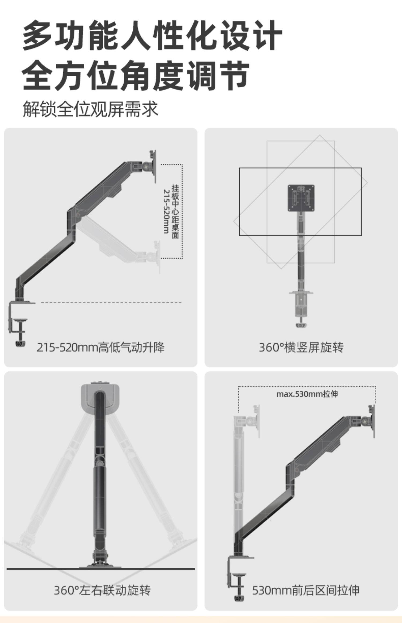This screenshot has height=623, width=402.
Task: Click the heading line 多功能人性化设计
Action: [x=152, y=35]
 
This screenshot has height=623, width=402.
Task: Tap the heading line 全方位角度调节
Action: [x=136, y=75]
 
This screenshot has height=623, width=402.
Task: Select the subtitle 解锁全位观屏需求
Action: [x=90, y=109]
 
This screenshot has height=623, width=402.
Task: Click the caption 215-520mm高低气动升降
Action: [x=100, y=347]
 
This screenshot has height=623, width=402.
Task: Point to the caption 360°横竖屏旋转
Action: [x=301, y=347]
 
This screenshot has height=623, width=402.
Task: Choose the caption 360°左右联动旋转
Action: [x=102, y=590]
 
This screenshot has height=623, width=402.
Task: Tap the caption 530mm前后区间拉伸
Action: [x=306, y=590]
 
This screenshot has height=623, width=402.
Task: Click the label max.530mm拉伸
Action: [x=307, y=394]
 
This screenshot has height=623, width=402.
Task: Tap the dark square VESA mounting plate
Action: [x=301, y=198]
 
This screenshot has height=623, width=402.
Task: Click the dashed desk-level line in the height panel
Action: [x=111, y=302]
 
